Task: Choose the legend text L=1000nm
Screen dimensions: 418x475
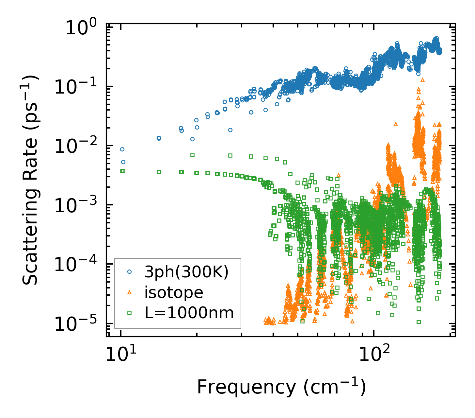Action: coord(189,313)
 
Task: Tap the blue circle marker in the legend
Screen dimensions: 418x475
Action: coord(130,271)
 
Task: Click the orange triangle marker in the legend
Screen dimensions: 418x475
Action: coord(130,292)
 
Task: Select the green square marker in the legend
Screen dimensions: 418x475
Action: coord(130,313)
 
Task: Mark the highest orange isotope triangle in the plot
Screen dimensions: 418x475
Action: coord(423,79)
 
